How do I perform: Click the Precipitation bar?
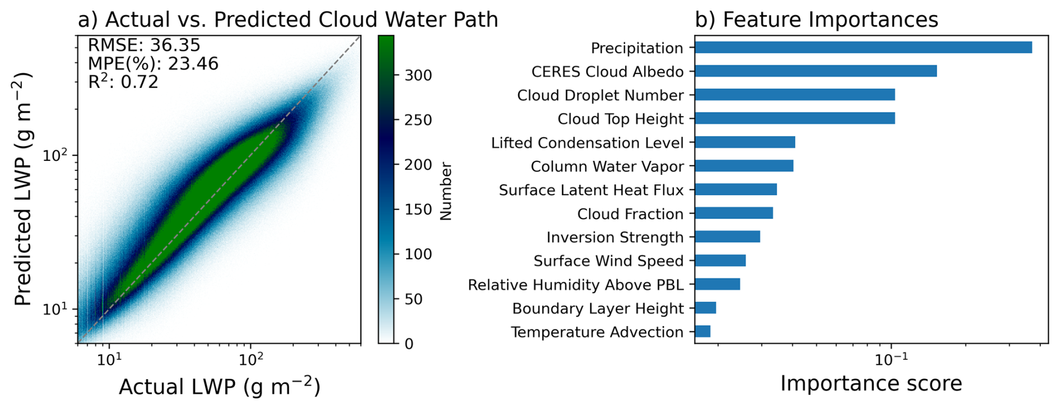click(863, 48)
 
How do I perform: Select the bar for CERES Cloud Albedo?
click(815, 71)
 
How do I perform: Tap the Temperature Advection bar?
click(703, 332)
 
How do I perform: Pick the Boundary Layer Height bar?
click(705, 308)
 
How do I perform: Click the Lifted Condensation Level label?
click(587, 143)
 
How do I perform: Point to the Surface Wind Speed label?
click(608, 261)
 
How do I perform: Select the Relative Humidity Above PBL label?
click(575, 285)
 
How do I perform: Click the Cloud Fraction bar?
click(734, 213)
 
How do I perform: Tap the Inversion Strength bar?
click(727, 237)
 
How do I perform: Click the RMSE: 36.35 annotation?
click(144, 45)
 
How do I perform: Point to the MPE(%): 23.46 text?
click(153, 64)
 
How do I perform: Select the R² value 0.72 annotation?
click(123, 82)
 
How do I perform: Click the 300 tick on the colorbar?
click(418, 75)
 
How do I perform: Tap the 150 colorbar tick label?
click(418, 210)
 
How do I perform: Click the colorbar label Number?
click(446, 191)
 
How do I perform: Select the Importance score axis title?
click(871, 384)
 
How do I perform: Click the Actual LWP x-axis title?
click(219, 387)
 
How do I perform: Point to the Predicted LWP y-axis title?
click(23, 189)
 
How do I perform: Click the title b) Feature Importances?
click(816, 20)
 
